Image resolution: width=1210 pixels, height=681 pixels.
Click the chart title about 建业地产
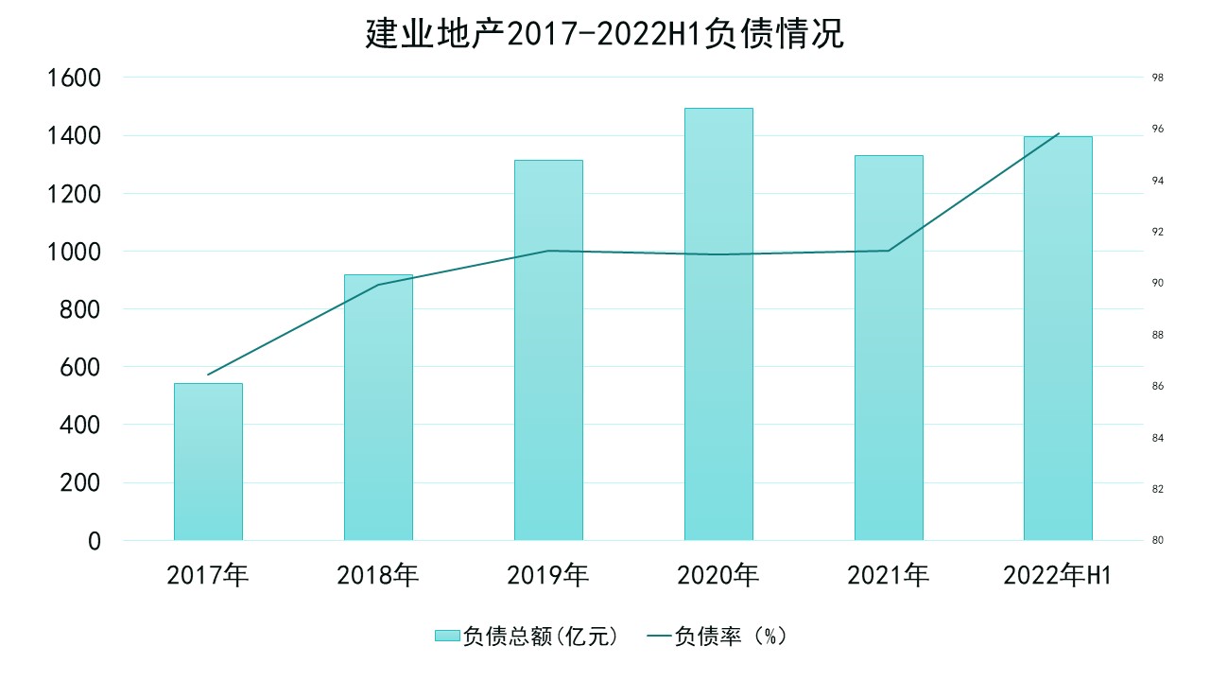pyautogui.click(x=604, y=35)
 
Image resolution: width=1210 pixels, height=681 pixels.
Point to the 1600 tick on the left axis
pyautogui.click(x=73, y=78)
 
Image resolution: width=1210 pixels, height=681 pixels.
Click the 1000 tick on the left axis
pyautogui.click(x=73, y=252)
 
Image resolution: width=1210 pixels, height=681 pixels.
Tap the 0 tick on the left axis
pyautogui.click(x=94, y=541)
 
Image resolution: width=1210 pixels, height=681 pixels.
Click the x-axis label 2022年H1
pyautogui.click(x=1058, y=575)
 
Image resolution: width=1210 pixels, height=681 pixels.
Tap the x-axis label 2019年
pyautogui.click(x=548, y=575)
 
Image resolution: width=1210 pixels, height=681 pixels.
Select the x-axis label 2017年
pyautogui.click(x=208, y=575)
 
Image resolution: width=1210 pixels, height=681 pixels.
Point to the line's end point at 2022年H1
pyautogui.click(x=1059, y=133)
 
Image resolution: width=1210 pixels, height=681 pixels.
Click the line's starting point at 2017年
pyautogui.click(x=208, y=375)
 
